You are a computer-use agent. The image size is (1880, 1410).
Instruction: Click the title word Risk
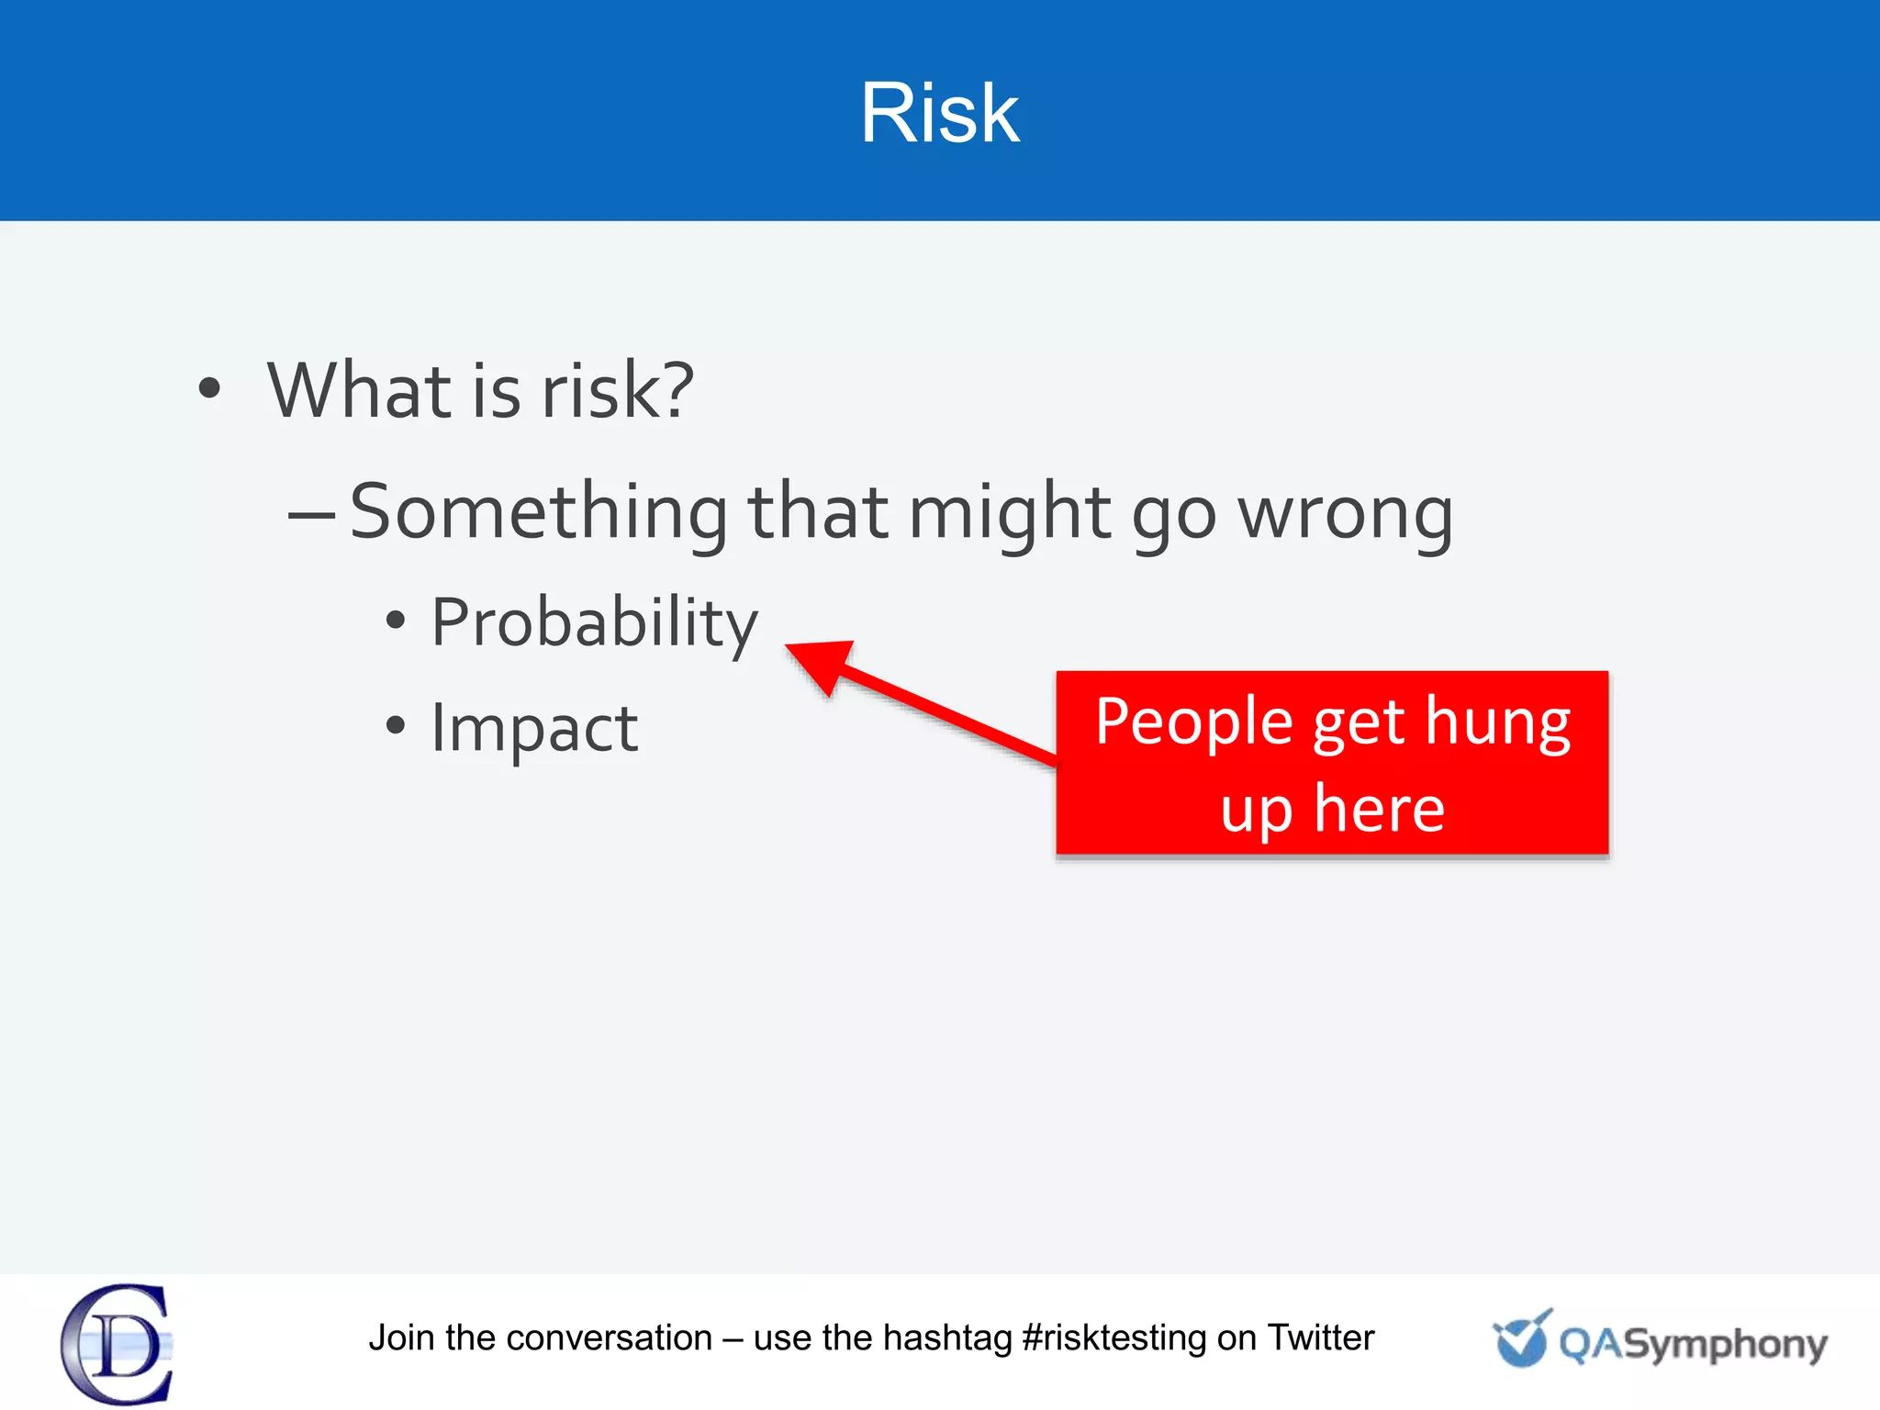tap(939, 113)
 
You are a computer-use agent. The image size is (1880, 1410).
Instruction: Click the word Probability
tap(594, 623)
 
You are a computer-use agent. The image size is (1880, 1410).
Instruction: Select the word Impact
tap(534, 728)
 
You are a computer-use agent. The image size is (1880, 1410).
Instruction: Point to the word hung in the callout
tap(1497, 722)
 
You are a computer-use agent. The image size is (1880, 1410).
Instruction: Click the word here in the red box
tap(1378, 810)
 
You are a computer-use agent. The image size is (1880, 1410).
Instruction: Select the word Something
tap(539, 512)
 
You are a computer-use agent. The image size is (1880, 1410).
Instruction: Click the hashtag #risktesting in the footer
tap(1113, 1337)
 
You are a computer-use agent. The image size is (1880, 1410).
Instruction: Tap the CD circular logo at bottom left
tap(117, 1344)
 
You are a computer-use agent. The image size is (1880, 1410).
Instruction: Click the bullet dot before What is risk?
tap(209, 388)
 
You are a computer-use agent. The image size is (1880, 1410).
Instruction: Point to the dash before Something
tap(311, 516)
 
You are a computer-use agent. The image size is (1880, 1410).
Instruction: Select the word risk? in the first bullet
tap(617, 390)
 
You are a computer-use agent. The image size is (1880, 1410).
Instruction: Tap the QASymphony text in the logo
tap(1693, 1345)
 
